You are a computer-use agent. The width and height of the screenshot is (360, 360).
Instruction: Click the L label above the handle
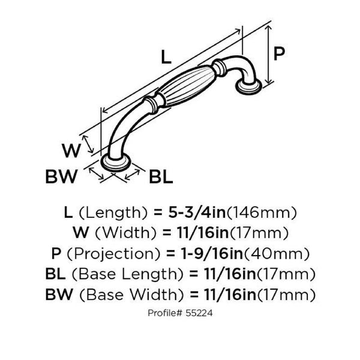click(x=166, y=57)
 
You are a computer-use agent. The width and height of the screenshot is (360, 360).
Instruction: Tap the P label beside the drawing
click(x=279, y=54)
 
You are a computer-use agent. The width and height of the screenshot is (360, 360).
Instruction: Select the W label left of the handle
click(x=71, y=151)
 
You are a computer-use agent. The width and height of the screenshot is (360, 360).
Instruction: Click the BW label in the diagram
click(x=62, y=176)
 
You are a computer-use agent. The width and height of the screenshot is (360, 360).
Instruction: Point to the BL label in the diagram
click(x=161, y=176)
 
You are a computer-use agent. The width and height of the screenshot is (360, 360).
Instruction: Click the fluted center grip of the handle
click(x=186, y=86)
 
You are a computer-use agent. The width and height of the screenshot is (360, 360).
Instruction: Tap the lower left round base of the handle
click(x=116, y=163)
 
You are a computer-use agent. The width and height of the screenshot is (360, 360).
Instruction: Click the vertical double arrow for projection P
click(x=268, y=54)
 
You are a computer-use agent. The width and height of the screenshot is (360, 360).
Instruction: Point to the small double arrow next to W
click(x=88, y=144)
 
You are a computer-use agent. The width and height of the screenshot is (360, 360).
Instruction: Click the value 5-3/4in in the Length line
click(x=197, y=212)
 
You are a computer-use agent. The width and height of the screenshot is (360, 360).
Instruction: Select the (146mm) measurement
click(x=262, y=213)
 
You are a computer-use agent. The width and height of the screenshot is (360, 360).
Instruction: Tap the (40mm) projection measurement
click(x=277, y=254)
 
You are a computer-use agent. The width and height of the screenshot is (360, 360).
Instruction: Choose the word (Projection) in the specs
click(x=113, y=254)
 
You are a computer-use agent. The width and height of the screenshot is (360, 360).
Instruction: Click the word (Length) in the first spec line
click(x=113, y=213)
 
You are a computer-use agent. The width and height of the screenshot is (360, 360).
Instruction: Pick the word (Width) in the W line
click(x=126, y=233)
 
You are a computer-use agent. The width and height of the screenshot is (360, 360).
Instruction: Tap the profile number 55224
click(x=199, y=313)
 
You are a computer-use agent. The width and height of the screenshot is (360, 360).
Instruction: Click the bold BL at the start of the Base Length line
click(x=55, y=274)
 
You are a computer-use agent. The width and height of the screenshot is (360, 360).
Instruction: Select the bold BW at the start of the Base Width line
click(x=59, y=295)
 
